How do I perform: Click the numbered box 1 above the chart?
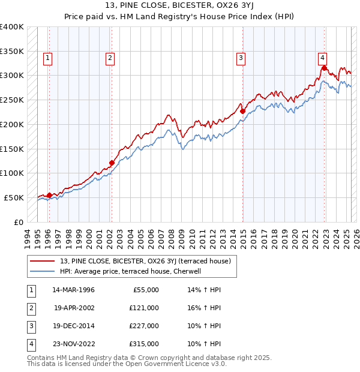coord(47,58)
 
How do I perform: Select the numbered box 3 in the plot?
coord(240,58)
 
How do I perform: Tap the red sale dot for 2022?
coord(325,68)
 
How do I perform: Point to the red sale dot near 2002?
coord(112,163)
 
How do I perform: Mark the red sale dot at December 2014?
coord(242,111)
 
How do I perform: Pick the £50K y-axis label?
coord(14,197)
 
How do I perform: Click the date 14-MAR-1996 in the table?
coord(73,290)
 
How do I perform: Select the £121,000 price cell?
coord(143,308)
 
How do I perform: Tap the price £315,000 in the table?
coord(143,344)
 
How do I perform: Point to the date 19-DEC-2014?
coord(73,326)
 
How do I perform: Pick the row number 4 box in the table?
coord(31,344)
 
